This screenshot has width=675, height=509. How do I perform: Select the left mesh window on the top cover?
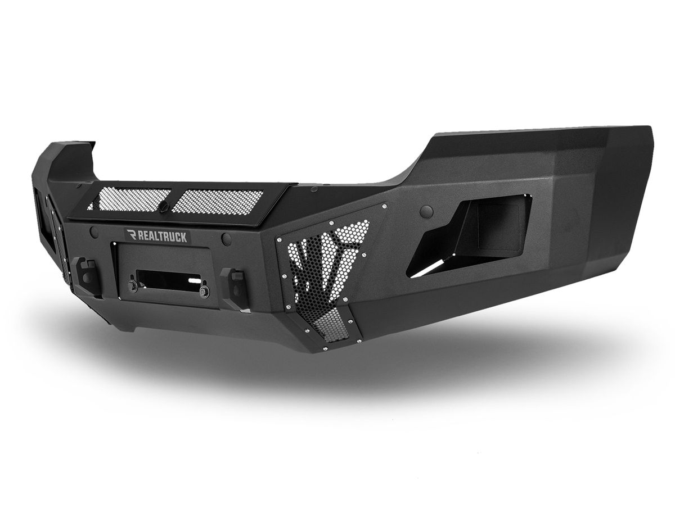(129, 199)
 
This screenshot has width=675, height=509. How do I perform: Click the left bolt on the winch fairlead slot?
(133, 285)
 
